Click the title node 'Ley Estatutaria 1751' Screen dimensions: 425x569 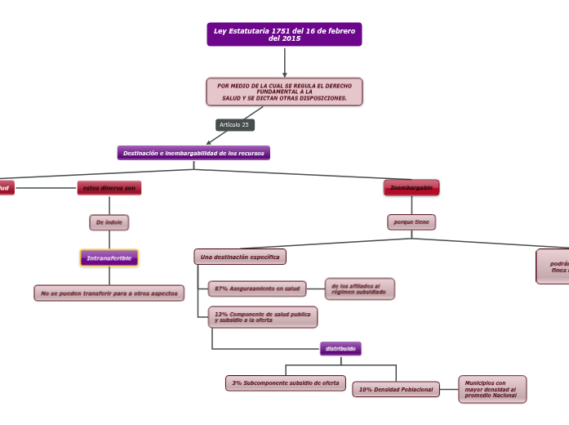tap(284, 34)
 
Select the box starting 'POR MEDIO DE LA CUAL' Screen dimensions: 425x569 tap(284, 92)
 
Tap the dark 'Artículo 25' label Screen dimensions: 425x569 tap(234, 125)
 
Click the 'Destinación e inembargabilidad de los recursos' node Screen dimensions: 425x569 tap(193, 153)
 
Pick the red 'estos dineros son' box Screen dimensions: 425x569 tap(109, 188)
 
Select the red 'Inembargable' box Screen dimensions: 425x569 tap(411, 188)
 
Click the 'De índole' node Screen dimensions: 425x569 tap(109, 222)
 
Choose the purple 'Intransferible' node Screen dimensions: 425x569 tap(109, 258)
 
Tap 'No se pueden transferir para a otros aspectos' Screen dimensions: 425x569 tap(109, 293)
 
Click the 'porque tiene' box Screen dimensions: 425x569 tap(411, 222)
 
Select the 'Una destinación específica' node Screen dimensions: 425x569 tap(240, 257)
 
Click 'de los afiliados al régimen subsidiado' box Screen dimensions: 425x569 tap(359, 289)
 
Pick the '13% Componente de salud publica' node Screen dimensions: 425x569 tap(262, 317)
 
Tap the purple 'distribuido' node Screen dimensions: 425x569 tap(340, 349)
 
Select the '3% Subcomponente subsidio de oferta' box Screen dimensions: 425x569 tap(286, 383)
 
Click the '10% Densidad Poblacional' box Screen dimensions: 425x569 tap(396, 390)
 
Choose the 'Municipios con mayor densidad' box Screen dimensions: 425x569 tap(492, 390)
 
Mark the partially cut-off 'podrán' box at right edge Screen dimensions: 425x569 tap(553, 266)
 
